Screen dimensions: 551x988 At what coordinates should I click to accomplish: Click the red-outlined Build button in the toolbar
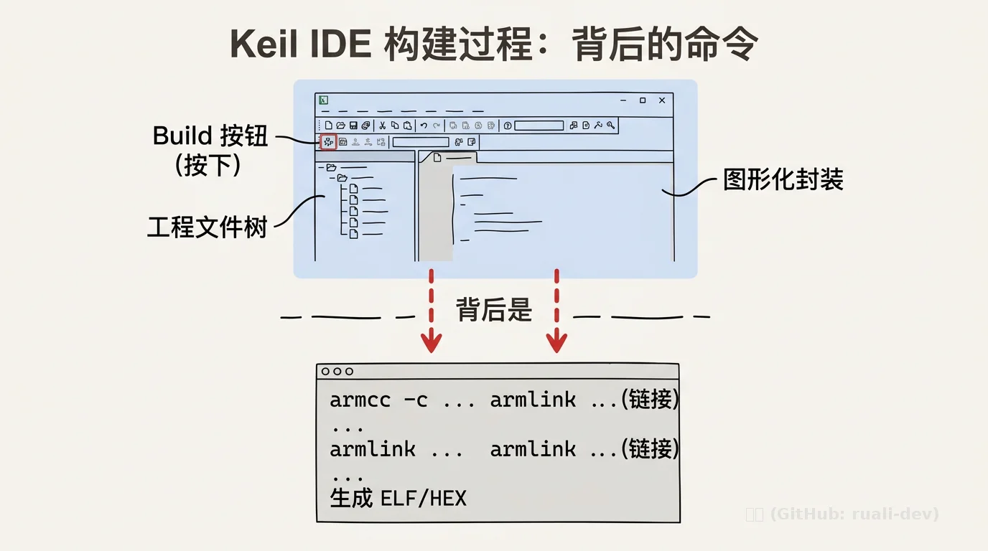pos(328,142)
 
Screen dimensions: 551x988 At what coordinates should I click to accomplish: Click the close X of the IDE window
pos(662,100)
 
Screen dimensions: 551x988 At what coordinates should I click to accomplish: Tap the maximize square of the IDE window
pos(643,100)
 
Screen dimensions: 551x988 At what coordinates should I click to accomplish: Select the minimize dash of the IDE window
pos(623,100)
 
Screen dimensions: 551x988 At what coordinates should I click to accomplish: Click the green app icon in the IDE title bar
pos(323,100)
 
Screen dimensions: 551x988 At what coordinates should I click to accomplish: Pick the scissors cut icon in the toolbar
pos(383,126)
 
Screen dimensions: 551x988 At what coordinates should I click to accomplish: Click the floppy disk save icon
pos(353,126)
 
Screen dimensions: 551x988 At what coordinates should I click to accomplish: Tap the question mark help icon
pos(508,126)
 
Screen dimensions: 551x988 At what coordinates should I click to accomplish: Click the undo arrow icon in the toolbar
pos(424,126)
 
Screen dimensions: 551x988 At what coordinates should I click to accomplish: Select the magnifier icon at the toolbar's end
pos(610,126)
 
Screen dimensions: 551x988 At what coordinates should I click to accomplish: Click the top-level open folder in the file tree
pos(331,167)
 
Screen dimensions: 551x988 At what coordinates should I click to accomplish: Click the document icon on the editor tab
pos(437,157)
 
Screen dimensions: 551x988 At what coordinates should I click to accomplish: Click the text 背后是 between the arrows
pos(493,310)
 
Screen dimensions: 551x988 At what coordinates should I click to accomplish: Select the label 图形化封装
pos(783,180)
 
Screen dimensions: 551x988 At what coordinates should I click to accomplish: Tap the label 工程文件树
pos(208,227)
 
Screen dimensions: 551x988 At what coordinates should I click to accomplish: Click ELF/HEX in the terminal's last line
pos(424,498)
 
